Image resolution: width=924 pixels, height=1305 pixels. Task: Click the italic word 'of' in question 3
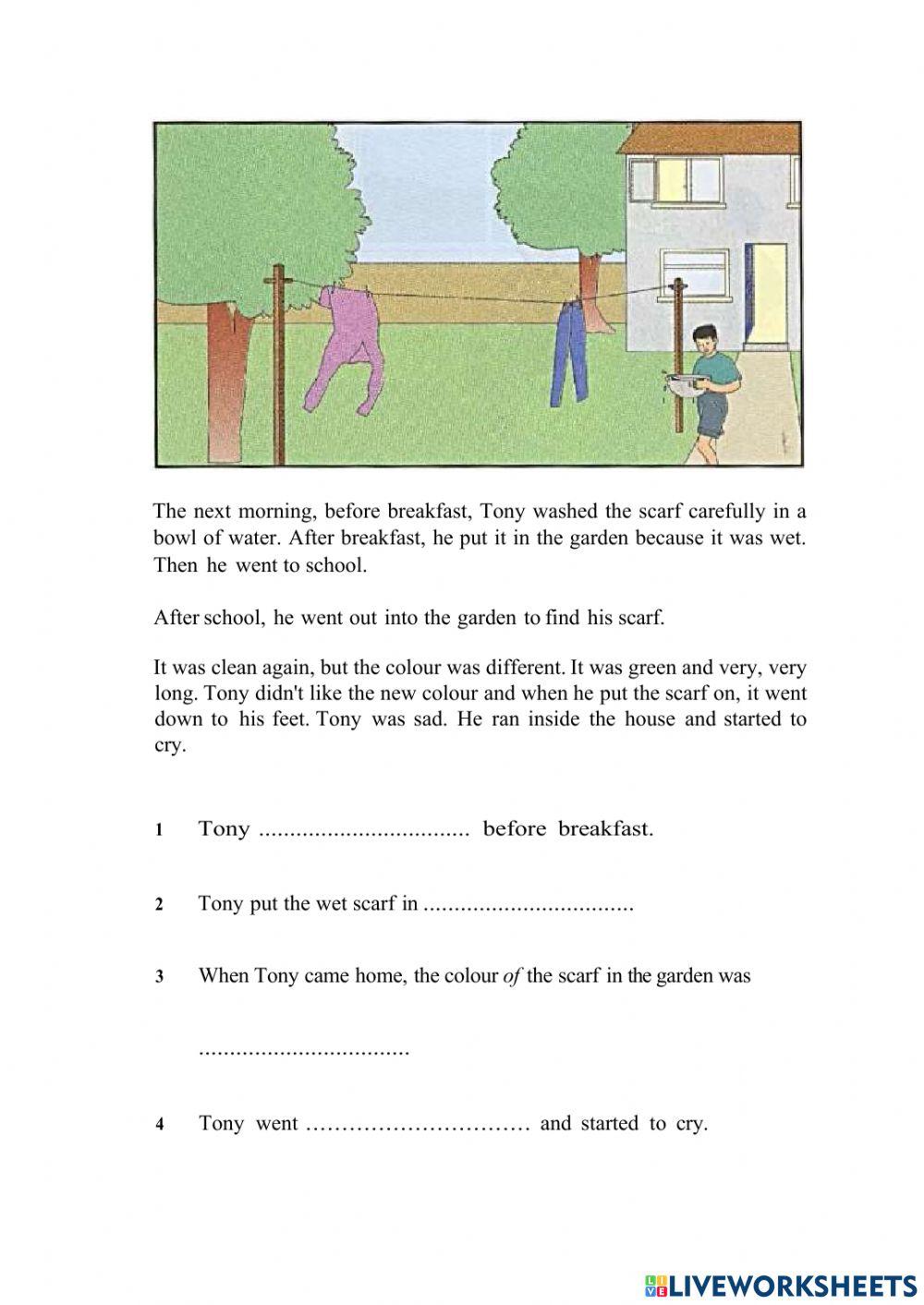click(x=512, y=975)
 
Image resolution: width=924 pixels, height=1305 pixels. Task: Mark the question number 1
click(x=159, y=830)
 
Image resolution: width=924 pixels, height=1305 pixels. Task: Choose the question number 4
click(x=160, y=1125)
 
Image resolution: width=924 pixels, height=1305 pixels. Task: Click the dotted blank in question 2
click(x=528, y=905)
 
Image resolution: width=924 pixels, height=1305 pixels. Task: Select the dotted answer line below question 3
click(x=304, y=1051)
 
